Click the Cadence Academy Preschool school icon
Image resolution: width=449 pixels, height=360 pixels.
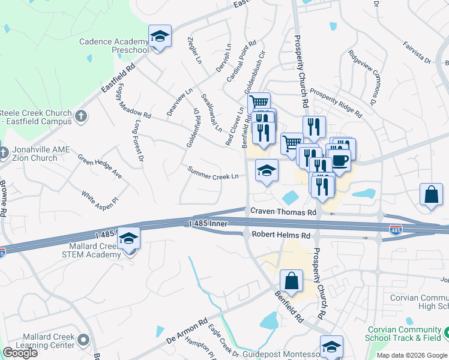click(160, 37)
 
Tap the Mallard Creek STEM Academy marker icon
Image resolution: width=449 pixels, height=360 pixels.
click(129, 239)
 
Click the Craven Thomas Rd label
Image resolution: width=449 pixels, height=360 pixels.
click(283, 212)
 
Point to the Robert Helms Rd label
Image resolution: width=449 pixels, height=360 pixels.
click(280, 235)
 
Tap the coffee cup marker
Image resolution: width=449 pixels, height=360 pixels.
click(339, 161)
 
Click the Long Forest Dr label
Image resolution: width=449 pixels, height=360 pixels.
click(139, 140)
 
